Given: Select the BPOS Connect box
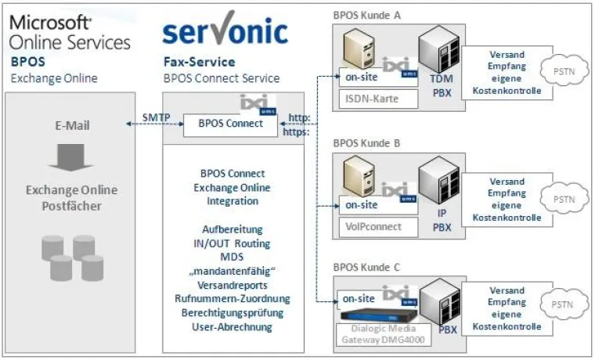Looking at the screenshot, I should coord(230,124).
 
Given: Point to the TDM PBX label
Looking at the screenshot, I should coord(442,86).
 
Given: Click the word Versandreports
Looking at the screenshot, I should coord(233,285).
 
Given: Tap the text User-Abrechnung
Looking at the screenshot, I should coord(233,326).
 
